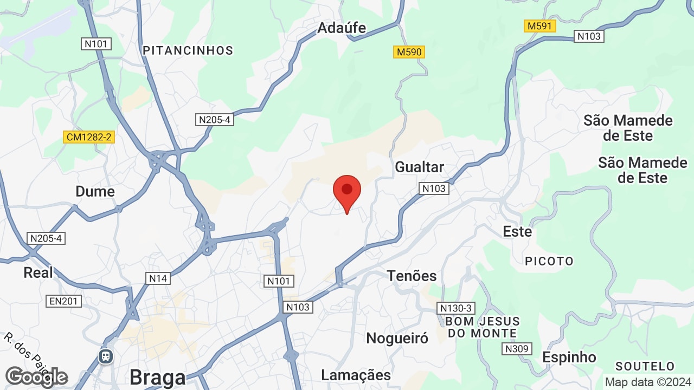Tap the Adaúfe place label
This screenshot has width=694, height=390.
342,28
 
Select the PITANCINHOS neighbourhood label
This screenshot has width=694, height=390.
188,50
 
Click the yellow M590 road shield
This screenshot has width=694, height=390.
409,52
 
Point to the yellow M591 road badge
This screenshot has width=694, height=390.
541,26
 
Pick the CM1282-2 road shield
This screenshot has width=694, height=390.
89,137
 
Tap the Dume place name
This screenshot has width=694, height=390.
95,191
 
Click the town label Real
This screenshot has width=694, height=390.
38,272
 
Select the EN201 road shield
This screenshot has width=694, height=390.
63,301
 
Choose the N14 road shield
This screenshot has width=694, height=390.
158,278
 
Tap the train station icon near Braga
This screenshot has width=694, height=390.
105,356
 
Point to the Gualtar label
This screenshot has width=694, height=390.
419,167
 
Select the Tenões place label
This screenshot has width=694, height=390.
412,276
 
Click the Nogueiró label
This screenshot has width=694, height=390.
397,338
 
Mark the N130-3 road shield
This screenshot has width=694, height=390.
456,308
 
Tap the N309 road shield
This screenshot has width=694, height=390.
516,349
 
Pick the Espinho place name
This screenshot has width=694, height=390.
569,357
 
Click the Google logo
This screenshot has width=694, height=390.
36,377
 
